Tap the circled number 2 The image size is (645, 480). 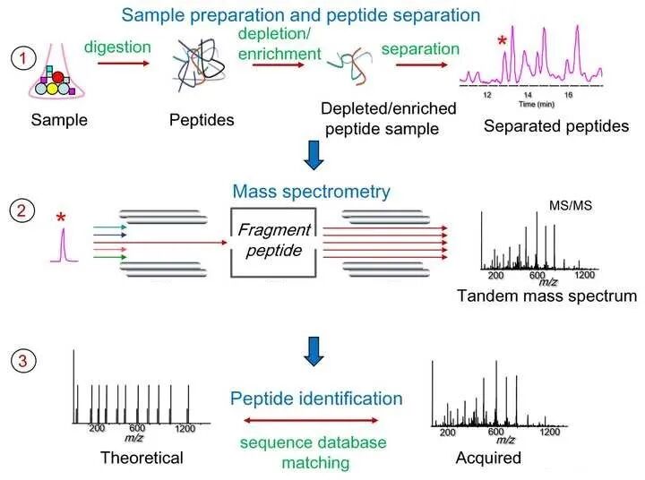coord(21,213)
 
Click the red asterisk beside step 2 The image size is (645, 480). coord(61,218)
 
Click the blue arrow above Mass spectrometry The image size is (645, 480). coord(314,155)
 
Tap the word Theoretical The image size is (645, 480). coord(142,458)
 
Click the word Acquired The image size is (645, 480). coord(488,458)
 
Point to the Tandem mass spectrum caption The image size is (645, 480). coord(546,296)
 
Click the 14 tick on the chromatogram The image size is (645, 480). coord(529,93)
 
